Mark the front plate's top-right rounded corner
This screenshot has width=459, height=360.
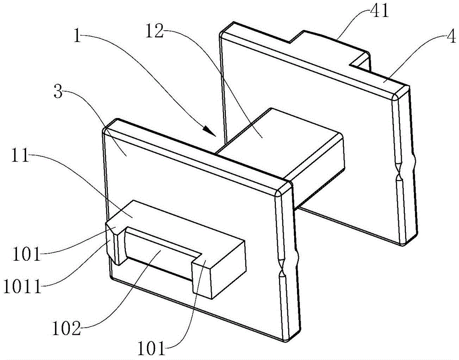[x=284, y=188]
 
